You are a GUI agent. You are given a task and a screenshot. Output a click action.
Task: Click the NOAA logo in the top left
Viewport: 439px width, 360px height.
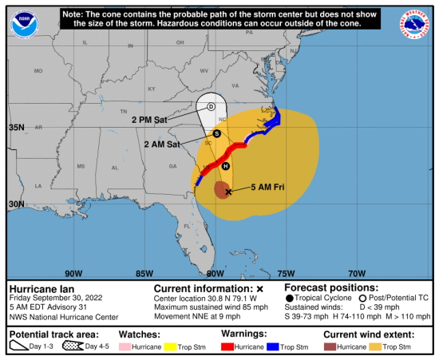pyautogui.click(x=25, y=24)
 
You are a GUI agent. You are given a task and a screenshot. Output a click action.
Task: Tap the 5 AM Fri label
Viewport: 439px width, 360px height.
pyautogui.click(x=265, y=187)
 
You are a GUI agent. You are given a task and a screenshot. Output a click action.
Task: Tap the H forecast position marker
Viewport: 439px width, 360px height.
pyautogui.click(x=225, y=166)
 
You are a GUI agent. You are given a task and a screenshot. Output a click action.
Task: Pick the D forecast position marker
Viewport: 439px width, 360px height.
pyautogui.click(x=212, y=106)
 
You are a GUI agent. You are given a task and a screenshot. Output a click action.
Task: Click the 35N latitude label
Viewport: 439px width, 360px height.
pyautogui.click(x=16, y=127)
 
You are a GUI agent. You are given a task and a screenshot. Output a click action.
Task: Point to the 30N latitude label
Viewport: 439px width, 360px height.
pyautogui.click(x=16, y=204)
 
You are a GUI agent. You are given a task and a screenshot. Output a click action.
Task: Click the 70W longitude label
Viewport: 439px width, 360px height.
pyautogui.click(x=357, y=272)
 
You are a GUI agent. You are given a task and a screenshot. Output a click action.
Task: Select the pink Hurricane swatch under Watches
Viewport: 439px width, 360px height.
pyautogui.click(x=129, y=347)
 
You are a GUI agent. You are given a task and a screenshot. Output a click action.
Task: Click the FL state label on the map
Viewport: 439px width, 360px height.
pyautogui.click(x=188, y=226)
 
